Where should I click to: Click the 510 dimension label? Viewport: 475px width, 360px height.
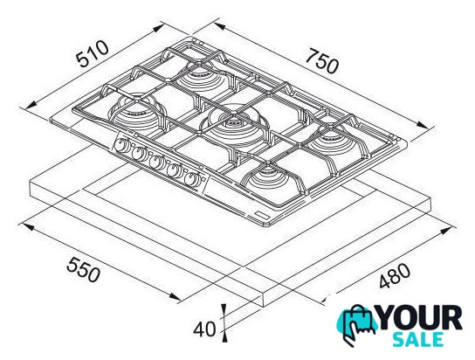click(x=93, y=54)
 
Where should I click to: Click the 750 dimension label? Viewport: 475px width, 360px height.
click(x=321, y=61)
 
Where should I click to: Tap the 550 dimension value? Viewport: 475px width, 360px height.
click(x=83, y=269)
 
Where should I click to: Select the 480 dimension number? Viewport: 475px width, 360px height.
click(x=395, y=275)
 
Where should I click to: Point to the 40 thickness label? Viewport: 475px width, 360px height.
click(x=205, y=329)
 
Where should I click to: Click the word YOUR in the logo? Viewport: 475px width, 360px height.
click(x=420, y=318)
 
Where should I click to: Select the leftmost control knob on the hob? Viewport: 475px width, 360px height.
click(x=121, y=145)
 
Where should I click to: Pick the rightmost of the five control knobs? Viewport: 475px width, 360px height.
click(x=192, y=179)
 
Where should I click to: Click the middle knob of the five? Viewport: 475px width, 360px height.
click(x=156, y=162)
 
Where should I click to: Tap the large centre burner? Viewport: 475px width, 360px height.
click(x=233, y=123)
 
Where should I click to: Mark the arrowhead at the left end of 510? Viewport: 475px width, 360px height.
click(x=31, y=104)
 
